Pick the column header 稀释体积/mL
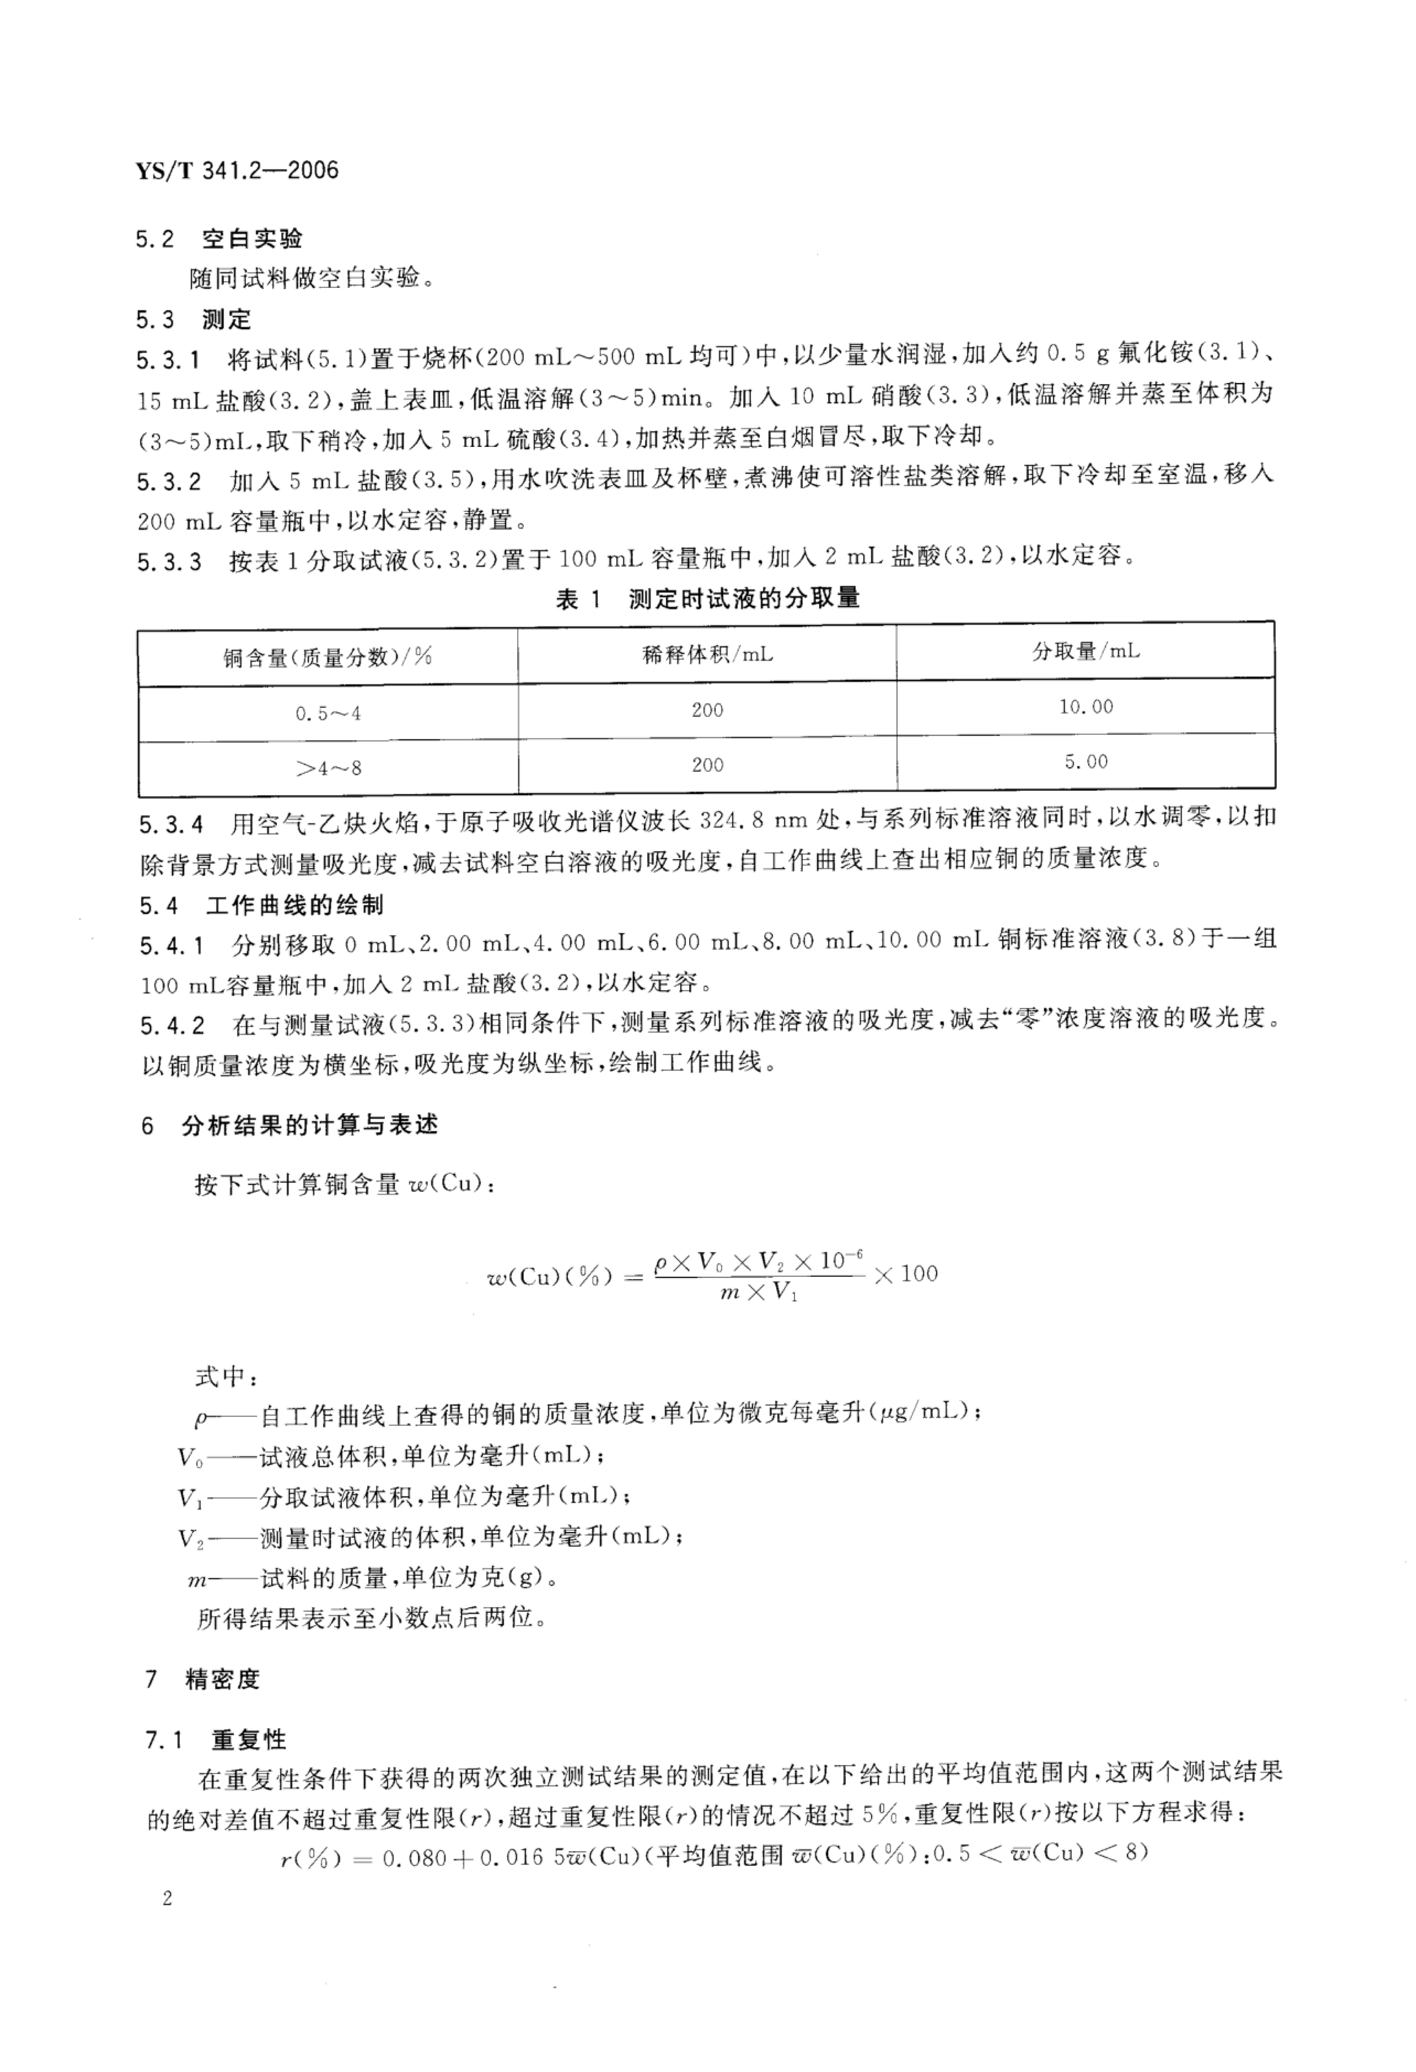tap(708, 654)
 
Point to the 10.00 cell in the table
tap(1085, 707)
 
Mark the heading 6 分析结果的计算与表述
tap(290, 1126)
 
